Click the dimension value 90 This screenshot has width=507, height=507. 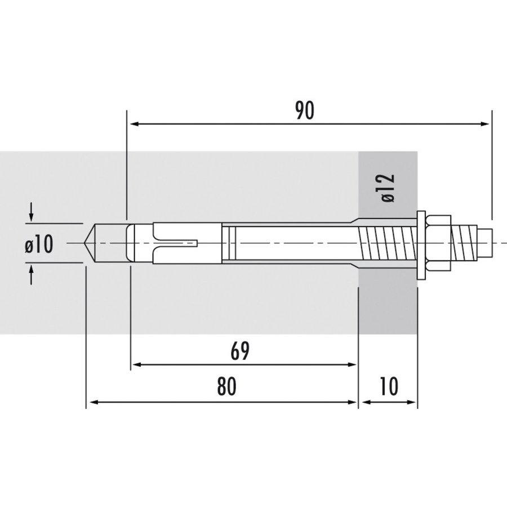pyautogui.click(x=304, y=111)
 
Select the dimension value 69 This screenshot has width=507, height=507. pyautogui.click(x=239, y=351)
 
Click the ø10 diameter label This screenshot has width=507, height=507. pyautogui.click(x=39, y=244)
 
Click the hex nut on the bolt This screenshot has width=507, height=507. pyautogui.click(x=439, y=243)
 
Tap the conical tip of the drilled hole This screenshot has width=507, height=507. pyautogui.click(x=91, y=243)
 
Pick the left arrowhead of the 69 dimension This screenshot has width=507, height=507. pyautogui.click(x=137, y=365)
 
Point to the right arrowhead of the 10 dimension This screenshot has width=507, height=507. pyautogui.click(x=412, y=402)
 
